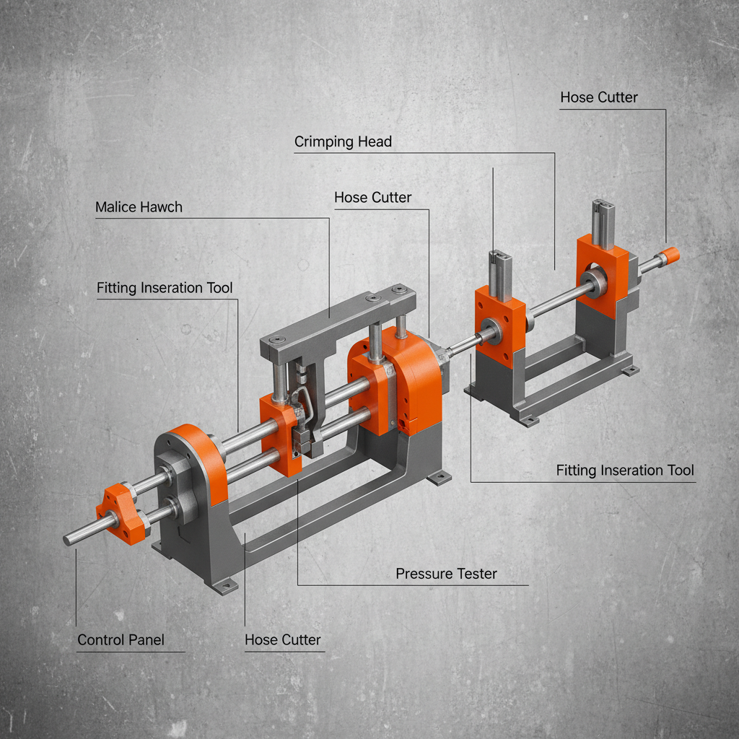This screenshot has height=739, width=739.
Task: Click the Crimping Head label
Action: point(343,142)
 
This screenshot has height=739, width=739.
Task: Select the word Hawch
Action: point(162,208)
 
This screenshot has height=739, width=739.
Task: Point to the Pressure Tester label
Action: point(446,574)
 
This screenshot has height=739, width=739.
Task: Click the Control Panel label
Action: point(121,640)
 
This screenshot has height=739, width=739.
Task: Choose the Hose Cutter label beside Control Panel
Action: point(282,640)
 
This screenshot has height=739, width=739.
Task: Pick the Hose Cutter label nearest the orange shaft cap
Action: point(599,97)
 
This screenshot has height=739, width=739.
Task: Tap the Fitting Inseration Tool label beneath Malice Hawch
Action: point(165,289)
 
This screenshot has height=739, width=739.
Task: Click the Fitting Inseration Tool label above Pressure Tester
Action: point(625,471)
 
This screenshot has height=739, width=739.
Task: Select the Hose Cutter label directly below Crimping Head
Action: point(372,198)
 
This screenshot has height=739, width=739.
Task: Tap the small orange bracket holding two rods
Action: point(124,514)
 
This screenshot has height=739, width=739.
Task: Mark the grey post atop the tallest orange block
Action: point(603,222)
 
